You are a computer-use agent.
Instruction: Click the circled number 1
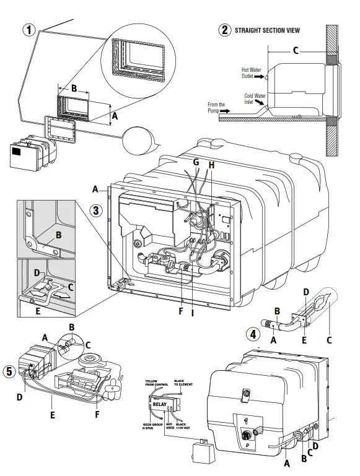(x=27, y=28)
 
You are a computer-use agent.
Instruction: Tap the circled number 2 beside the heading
(x=223, y=29)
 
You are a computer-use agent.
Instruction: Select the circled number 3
(x=95, y=210)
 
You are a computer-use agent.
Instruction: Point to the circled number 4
(x=252, y=335)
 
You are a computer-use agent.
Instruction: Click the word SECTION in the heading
(x=276, y=29)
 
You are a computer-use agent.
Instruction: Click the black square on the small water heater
(x=19, y=149)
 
